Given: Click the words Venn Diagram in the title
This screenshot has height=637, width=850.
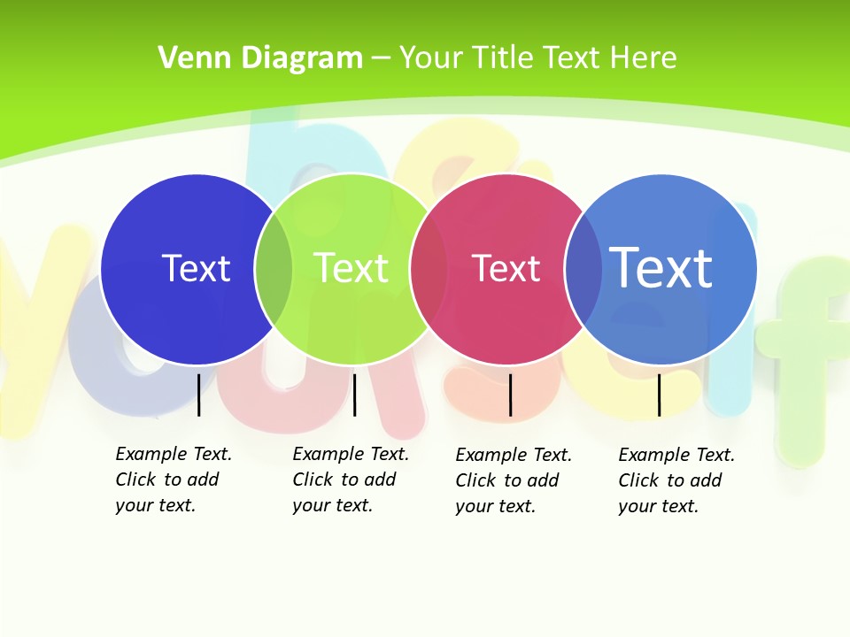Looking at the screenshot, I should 260,58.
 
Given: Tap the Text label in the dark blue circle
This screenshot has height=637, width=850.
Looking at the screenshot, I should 196,268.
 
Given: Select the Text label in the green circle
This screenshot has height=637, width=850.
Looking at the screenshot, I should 352,268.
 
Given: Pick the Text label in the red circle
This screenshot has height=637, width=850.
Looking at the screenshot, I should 506,268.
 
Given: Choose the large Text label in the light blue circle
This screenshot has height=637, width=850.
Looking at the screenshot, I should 661,267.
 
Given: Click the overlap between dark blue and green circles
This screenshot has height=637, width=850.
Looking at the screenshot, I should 274,268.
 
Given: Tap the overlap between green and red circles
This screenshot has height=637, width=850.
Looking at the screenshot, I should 429,268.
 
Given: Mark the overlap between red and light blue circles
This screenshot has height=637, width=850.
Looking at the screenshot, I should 583,268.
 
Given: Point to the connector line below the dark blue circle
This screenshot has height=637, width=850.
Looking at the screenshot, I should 198,395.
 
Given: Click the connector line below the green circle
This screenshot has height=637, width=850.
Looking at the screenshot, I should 354,395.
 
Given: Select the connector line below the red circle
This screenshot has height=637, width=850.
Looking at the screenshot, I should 510,395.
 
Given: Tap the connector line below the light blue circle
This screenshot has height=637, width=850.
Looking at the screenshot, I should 659,395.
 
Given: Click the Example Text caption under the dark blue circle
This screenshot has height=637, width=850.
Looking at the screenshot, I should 173,480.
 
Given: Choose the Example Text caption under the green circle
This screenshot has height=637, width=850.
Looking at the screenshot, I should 350,480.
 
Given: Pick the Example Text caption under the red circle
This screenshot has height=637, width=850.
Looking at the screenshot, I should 513,480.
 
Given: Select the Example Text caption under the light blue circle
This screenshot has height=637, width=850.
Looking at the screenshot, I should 676,480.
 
